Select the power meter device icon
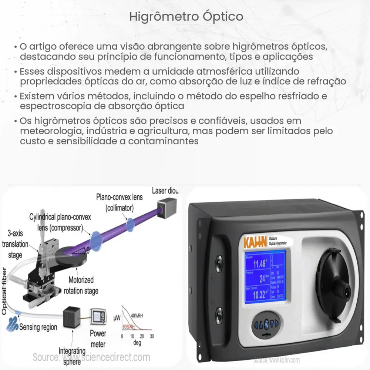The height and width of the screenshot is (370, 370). click(100, 316)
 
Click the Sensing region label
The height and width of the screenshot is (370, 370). click(38, 327)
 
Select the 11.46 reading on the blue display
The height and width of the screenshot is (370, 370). click(259, 264)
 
